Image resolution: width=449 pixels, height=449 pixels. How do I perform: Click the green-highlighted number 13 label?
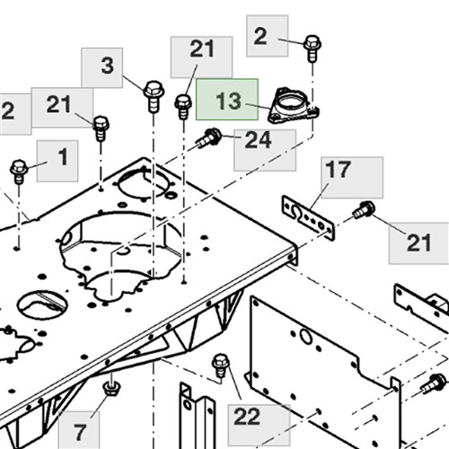click(228, 101)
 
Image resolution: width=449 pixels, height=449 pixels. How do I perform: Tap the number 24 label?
click(258, 140)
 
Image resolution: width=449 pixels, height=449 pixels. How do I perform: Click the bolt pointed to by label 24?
click(209, 137)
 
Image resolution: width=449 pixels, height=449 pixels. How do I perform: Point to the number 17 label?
click(338, 169)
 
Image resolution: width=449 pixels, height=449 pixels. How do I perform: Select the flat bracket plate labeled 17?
click(308, 217)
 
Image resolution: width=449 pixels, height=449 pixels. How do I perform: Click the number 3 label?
click(107, 65)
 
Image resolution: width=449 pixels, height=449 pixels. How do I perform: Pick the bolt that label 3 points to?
click(154, 96)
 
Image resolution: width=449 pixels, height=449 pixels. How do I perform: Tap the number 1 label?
click(63, 156)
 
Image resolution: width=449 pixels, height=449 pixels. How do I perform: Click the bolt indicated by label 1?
click(19, 172)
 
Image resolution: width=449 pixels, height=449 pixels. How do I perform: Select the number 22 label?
click(247, 417)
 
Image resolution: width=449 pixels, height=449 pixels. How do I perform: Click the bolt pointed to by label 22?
click(221, 365)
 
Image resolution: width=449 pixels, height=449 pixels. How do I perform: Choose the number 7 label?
click(80, 433)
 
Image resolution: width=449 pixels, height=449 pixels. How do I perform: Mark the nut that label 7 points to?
click(111, 388)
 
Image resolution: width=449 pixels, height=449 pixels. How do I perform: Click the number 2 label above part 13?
click(260, 36)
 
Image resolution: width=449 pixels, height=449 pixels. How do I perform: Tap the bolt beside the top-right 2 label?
click(313, 48)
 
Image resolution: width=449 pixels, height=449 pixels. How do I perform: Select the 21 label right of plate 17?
click(418, 242)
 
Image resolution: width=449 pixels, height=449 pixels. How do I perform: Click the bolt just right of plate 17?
click(364, 210)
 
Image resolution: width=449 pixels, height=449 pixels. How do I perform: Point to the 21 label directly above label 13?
click(202, 48)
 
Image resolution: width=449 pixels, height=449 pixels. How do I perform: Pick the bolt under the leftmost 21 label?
click(101, 128)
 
